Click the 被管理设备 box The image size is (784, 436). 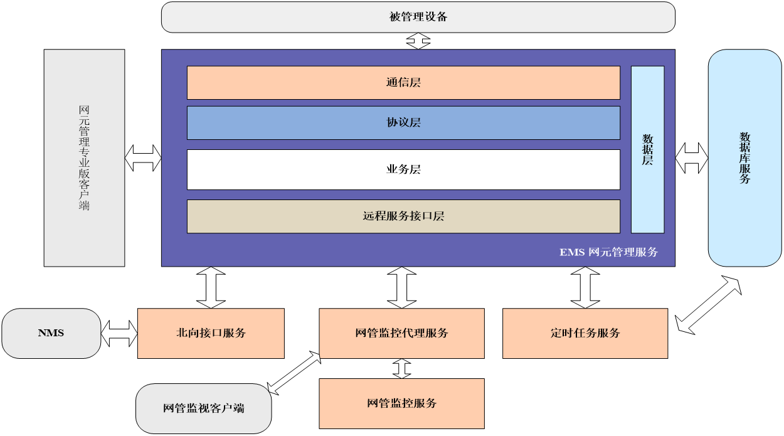pyautogui.click(x=418, y=17)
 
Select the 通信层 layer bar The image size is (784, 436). pyautogui.click(x=403, y=82)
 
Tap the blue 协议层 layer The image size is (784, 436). pyautogui.click(x=403, y=122)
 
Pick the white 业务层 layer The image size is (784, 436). pyautogui.click(x=403, y=169)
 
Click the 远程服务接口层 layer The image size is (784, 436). pyautogui.click(x=403, y=216)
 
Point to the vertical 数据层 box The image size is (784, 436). pyautogui.click(x=647, y=149)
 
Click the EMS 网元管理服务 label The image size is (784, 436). pyautogui.click(x=608, y=252)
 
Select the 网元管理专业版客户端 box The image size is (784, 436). pyautogui.click(x=84, y=157)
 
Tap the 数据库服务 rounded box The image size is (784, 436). pyautogui.click(x=744, y=157)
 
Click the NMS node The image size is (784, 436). pyautogui.click(x=51, y=333)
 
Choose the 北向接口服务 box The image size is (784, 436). pyautogui.click(x=211, y=333)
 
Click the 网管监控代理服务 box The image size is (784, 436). pyautogui.click(x=401, y=333)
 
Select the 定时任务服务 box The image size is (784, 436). pyautogui.click(x=585, y=333)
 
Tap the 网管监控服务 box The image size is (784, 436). pyautogui.click(x=401, y=403)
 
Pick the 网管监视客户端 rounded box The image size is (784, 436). pyautogui.click(x=204, y=408)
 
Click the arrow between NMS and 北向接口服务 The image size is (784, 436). pyautogui.click(x=119, y=333)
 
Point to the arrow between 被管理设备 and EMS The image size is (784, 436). pyautogui.click(x=418, y=41)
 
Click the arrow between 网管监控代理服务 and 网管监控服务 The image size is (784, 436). pyautogui.click(x=401, y=368)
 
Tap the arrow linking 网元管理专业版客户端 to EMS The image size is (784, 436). pyautogui.click(x=143, y=158)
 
